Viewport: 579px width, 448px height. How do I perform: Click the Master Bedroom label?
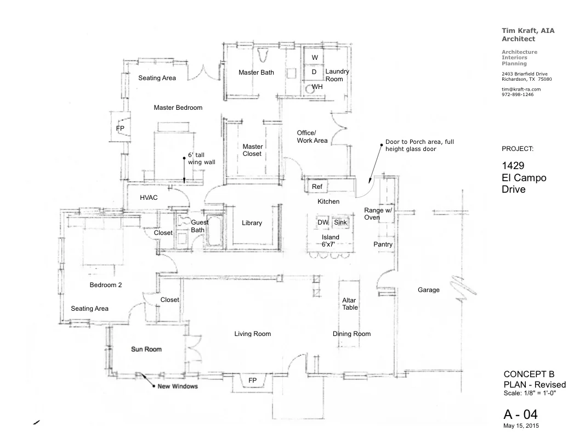coord(178,108)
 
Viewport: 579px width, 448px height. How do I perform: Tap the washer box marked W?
coord(315,58)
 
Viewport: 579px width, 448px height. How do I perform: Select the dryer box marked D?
coord(314,72)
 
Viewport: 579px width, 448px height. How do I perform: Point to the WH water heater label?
coord(317,87)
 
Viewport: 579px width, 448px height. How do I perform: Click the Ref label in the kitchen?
coord(317,187)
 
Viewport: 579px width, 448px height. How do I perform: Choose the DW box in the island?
coord(322,222)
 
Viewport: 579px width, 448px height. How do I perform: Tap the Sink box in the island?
coord(340,222)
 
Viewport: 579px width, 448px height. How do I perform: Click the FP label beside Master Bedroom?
coord(120,128)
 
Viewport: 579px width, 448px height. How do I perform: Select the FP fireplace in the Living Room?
coord(252,380)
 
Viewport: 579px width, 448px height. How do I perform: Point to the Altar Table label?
coord(350,304)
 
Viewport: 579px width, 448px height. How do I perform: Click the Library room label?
coord(252,223)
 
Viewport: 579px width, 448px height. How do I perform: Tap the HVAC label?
coord(149,198)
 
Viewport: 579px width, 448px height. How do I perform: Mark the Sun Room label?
coord(146,349)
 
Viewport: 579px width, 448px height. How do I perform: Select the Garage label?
coord(428,290)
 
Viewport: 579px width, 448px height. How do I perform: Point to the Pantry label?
coord(383,244)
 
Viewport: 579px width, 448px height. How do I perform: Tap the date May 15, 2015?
coord(521,425)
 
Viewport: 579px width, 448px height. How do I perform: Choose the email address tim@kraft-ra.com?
coord(521,89)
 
